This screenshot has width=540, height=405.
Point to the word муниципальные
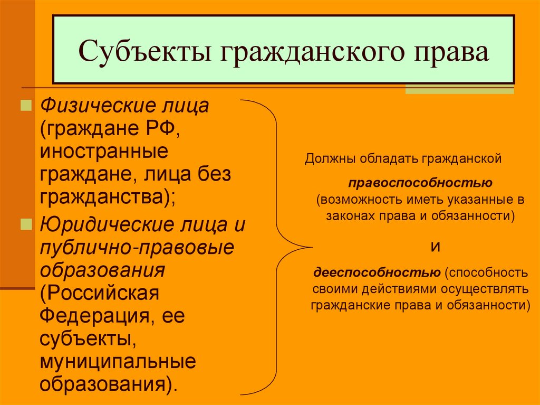[117, 362]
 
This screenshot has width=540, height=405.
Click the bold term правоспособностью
[420, 183]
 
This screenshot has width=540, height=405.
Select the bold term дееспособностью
[378, 272]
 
